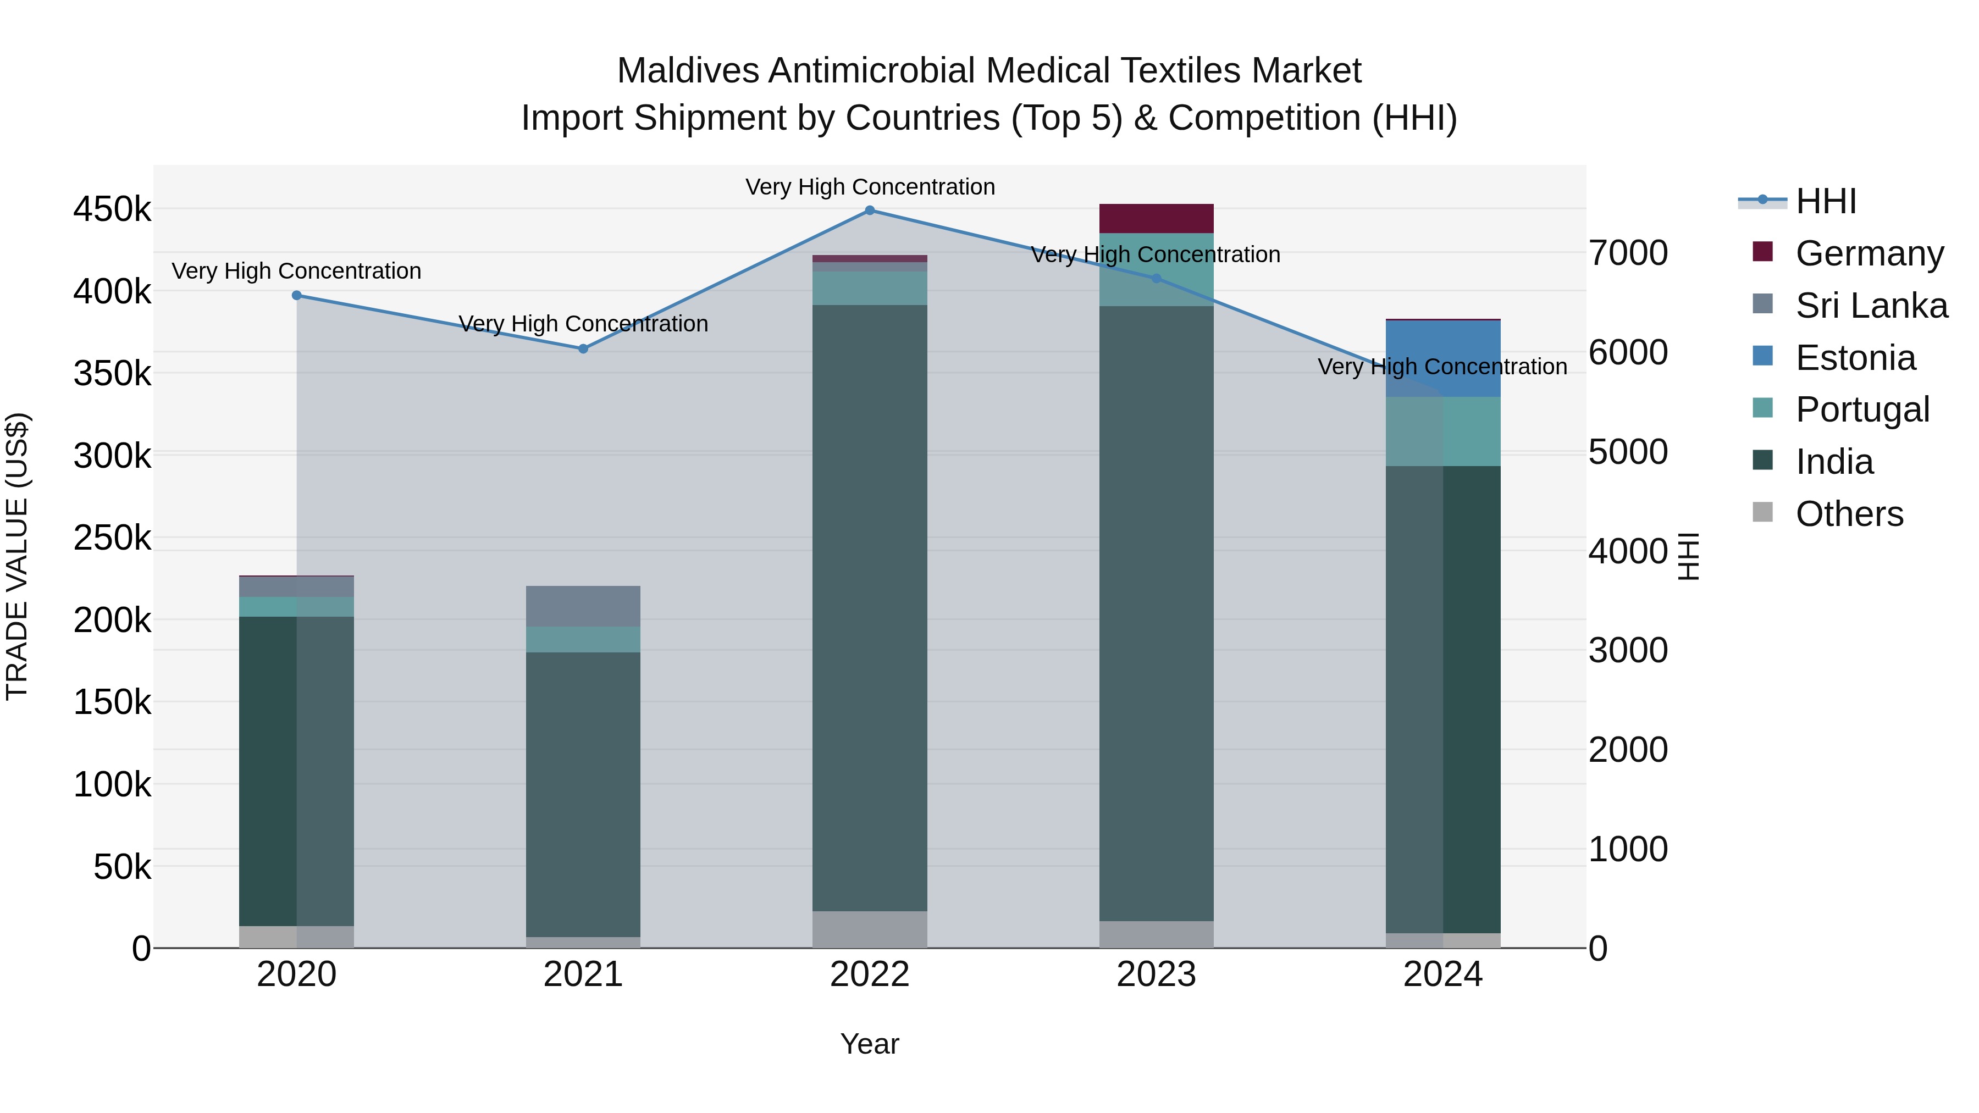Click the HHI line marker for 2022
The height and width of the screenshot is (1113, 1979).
point(870,211)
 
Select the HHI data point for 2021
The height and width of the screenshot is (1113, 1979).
point(583,348)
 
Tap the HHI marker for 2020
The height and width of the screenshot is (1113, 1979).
point(296,296)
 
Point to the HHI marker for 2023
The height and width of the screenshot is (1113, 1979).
point(1156,279)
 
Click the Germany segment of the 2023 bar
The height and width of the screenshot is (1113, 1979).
point(1156,219)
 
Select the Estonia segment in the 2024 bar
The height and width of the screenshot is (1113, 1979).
point(1443,358)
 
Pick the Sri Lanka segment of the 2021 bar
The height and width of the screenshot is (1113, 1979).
point(583,606)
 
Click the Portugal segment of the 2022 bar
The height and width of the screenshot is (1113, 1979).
point(870,288)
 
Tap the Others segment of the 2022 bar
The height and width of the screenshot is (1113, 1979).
point(870,929)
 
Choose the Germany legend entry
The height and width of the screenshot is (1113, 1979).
point(1869,253)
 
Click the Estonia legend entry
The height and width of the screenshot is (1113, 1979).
point(1855,358)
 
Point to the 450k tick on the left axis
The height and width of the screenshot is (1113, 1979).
point(112,209)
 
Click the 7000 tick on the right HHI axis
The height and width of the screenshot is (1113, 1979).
point(1628,253)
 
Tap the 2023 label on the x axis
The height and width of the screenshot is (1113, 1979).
point(1156,974)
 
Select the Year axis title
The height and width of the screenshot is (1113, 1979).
point(870,1044)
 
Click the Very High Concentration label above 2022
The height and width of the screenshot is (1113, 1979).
point(870,187)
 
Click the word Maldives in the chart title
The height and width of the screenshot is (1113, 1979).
point(688,71)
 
